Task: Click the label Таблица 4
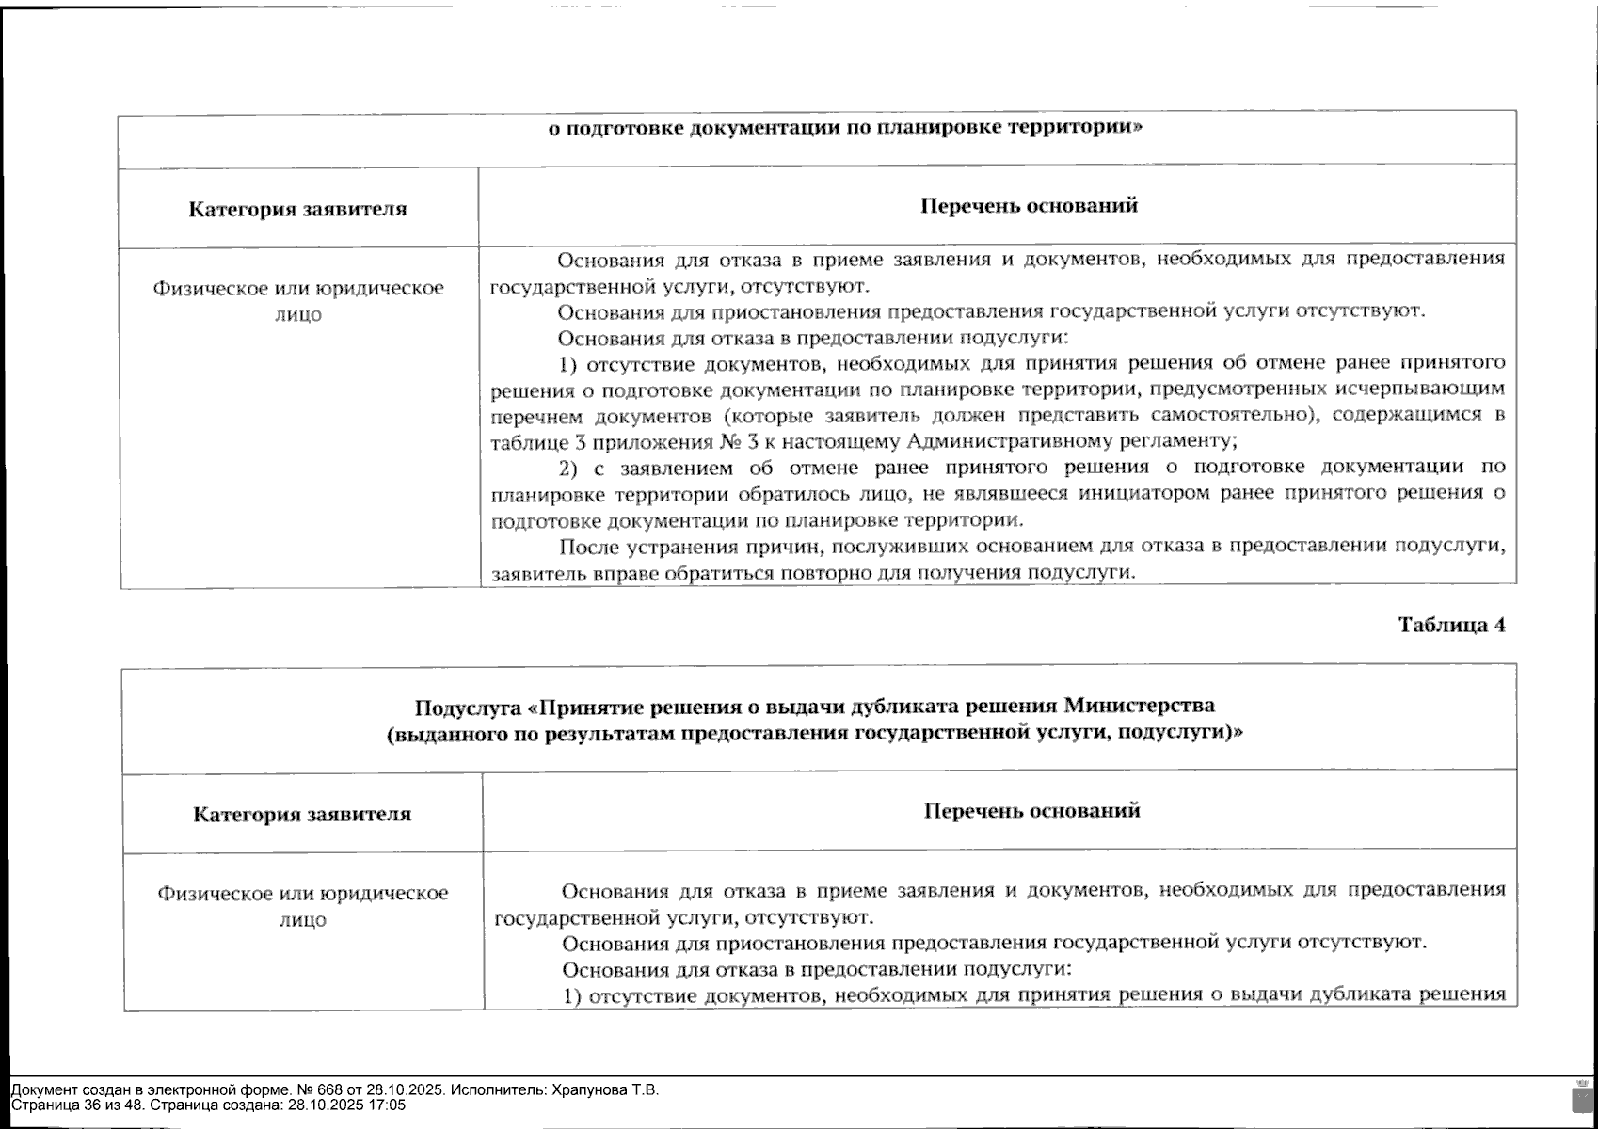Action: point(1450,626)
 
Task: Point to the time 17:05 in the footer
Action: point(389,1105)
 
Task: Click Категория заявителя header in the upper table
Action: point(297,209)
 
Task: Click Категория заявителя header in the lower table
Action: point(302,814)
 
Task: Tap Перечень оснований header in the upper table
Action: point(1029,205)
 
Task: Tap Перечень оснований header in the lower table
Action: point(1031,810)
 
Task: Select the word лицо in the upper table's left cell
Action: point(297,315)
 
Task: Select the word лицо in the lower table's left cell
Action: point(302,920)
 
